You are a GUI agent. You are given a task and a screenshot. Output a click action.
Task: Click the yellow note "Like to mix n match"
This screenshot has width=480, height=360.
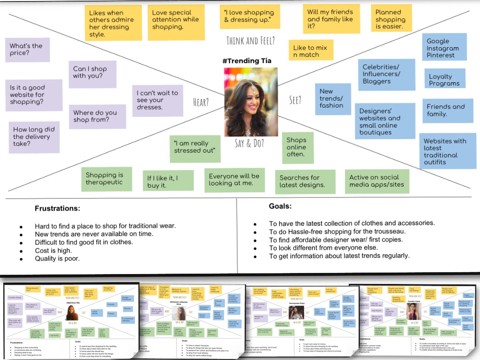coord(310,51)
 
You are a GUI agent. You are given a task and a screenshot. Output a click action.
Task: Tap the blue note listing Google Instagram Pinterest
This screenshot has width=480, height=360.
coord(444,48)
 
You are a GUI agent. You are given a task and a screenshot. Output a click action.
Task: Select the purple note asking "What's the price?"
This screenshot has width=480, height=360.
coord(27,49)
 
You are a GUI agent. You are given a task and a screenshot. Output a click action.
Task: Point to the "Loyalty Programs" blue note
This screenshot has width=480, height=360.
coord(444,80)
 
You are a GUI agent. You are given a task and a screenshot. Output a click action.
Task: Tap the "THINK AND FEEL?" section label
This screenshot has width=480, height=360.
coord(250,41)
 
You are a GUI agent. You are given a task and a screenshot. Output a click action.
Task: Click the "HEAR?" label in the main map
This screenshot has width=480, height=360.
coord(201,102)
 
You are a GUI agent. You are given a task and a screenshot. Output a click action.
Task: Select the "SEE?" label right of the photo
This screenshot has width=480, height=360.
coord(295,100)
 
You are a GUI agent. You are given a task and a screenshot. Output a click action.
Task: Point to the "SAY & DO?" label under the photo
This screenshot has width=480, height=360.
coord(249,143)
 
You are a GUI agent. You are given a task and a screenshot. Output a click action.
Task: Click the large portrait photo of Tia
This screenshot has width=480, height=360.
coord(251,102)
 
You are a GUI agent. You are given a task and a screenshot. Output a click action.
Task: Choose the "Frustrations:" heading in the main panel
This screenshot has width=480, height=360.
coord(57,208)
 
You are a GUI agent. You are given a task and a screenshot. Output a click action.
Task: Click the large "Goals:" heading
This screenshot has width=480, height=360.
coord(280,206)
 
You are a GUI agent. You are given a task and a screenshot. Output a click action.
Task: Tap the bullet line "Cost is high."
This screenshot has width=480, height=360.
coord(53,250)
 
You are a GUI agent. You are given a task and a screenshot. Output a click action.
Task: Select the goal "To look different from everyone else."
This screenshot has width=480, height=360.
coord(323,247)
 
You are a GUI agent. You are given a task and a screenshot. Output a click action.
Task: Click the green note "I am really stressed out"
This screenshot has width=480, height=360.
coord(194,147)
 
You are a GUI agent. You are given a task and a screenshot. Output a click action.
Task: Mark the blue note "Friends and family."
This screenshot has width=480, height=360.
coord(446,110)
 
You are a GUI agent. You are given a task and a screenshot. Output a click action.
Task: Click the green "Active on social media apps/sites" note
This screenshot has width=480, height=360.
coord(377,181)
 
